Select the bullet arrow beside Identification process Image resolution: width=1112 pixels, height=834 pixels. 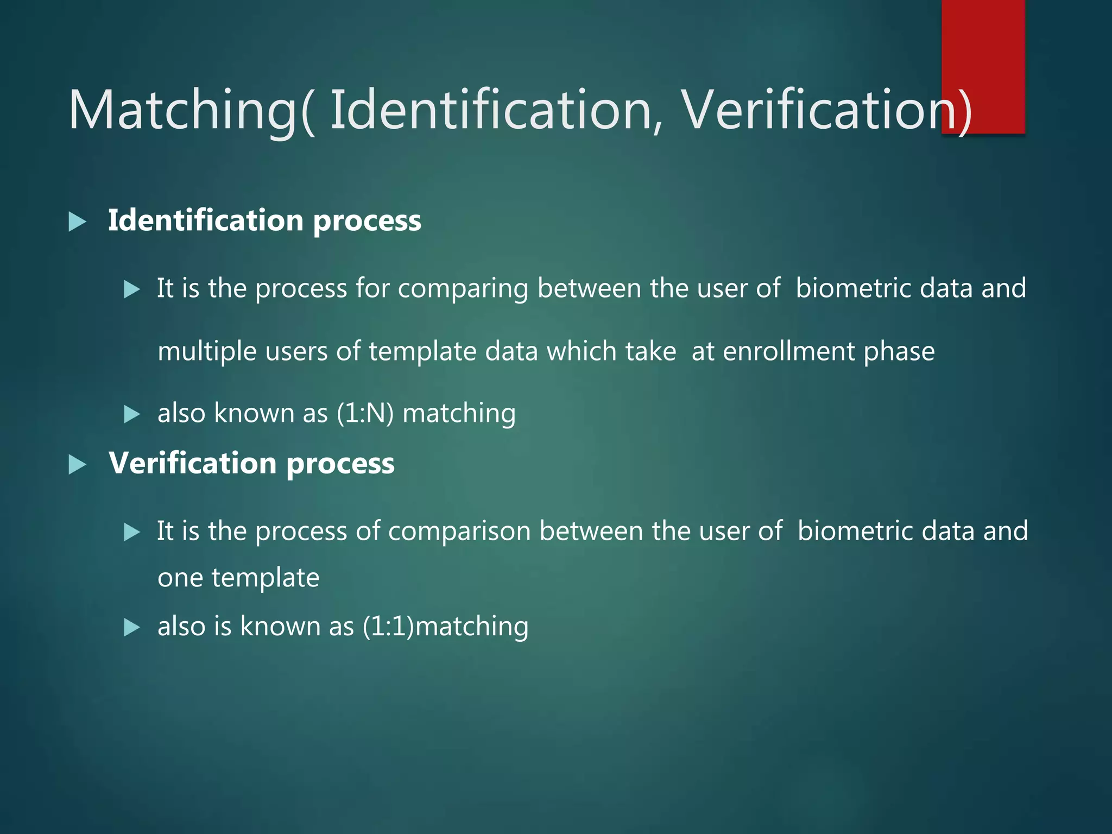coord(78,222)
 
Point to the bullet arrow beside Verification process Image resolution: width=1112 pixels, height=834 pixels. coord(78,465)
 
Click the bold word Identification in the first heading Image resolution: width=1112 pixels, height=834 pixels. coord(206,220)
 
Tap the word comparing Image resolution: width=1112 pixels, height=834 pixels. coord(463,289)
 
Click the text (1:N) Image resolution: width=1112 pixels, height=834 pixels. coord(365,413)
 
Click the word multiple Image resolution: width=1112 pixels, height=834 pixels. coord(207,352)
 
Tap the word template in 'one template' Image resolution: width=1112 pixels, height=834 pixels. coord(266,578)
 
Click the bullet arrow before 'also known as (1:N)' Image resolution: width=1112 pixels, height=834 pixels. coord(132,415)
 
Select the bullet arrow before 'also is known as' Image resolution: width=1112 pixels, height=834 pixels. coord(132,628)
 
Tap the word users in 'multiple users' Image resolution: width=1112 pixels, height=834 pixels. coord(296,351)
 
